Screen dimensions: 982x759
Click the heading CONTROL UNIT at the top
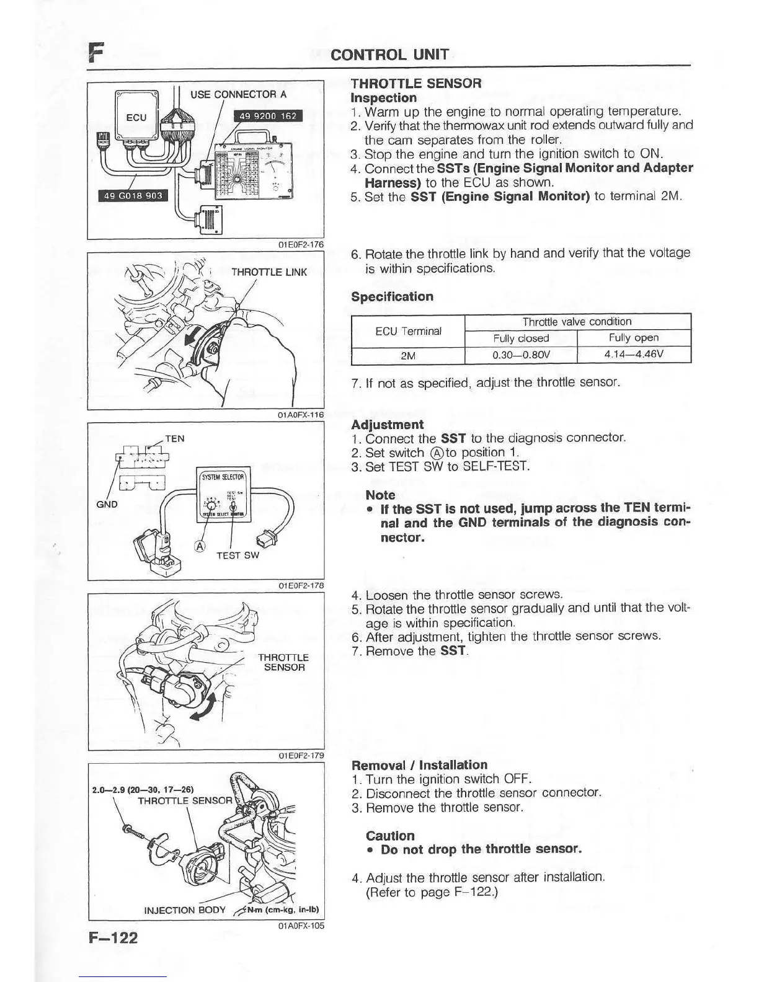click(x=389, y=55)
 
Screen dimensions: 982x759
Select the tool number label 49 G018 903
click(x=133, y=196)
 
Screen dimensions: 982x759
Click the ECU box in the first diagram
click(x=136, y=117)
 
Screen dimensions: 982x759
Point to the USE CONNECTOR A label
click(x=238, y=95)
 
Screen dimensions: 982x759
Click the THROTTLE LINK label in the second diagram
click(x=269, y=272)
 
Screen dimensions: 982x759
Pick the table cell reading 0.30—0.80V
click(x=521, y=355)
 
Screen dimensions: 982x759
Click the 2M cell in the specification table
click(x=408, y=356)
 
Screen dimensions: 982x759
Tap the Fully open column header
click(x=634, y=338)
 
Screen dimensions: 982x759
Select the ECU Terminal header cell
click(x=408, y=331)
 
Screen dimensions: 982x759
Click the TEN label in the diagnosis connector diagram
click(x=175, y=439)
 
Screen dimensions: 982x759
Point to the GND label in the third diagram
click(x=107, y=504)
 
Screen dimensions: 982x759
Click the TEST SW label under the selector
click(x=237, y=555)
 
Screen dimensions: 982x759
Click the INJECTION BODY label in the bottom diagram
click(x=178, y=910)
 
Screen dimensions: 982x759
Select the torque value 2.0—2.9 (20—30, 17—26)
click(x=143, y=790)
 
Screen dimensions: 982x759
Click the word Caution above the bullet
click(x=390, y=836)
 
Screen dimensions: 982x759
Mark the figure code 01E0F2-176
click(x=301, y=244)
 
